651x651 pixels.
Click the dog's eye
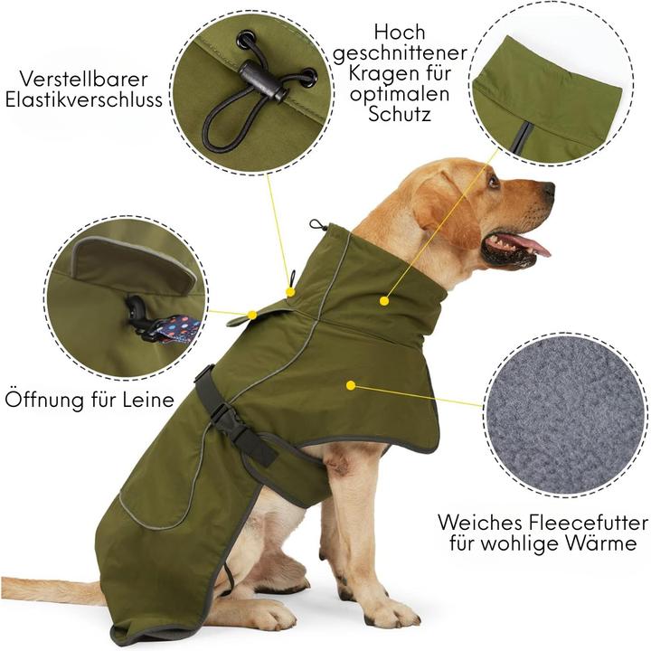494,180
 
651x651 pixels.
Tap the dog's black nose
548,190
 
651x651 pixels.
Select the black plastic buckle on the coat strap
225,418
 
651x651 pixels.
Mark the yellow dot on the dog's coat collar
384,299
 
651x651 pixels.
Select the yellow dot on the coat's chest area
350,385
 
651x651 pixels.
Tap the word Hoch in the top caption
399,31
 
